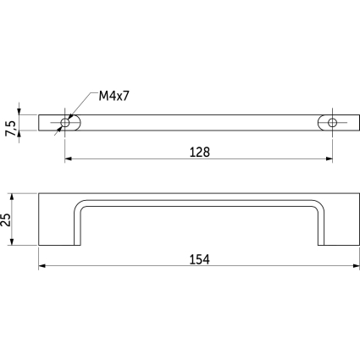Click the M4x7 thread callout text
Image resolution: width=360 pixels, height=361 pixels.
point(114,97)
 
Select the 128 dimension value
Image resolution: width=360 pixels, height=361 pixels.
point(200,153)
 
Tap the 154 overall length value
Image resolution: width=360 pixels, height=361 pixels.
point(199,259)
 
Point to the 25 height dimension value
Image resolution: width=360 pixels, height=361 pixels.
point(6,219)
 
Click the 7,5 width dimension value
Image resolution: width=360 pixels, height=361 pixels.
point(11,129)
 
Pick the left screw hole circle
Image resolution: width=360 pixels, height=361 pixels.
point(65,123)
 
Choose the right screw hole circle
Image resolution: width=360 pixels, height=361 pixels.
point(332,123)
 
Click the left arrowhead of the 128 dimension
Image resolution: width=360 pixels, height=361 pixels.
point(69,158)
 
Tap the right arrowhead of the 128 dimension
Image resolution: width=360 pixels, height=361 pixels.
point(329,158)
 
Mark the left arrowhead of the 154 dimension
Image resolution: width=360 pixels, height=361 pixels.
point(42,266)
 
